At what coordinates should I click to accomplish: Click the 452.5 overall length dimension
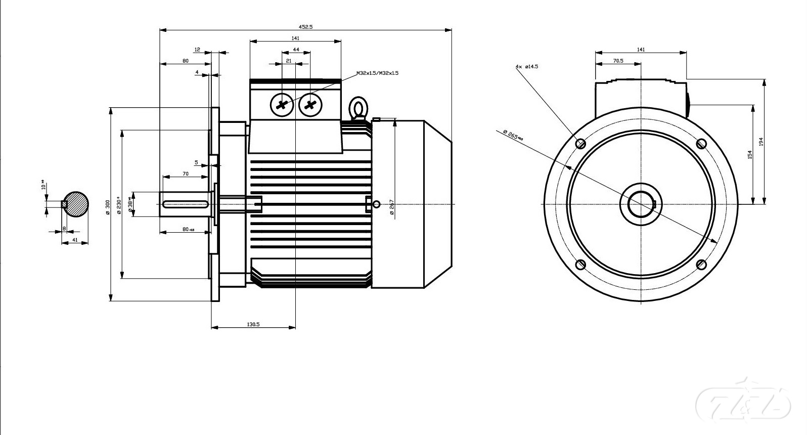305,27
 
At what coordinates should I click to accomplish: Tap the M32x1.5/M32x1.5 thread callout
377,73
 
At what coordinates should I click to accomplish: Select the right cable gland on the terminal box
310,105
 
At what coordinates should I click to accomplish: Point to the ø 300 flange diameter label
108,207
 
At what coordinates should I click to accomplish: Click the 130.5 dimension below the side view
253,324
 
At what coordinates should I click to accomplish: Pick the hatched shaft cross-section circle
76,204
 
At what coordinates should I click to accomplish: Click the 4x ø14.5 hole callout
527,66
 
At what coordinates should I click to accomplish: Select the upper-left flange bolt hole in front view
581,144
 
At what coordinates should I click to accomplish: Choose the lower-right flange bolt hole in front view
701,265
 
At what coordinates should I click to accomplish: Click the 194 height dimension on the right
761,142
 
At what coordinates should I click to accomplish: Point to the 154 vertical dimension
750,154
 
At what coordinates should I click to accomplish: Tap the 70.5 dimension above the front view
618,61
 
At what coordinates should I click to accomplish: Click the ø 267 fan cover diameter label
392,207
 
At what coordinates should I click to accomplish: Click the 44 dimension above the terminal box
296,50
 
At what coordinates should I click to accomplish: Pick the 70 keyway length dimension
186,173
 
